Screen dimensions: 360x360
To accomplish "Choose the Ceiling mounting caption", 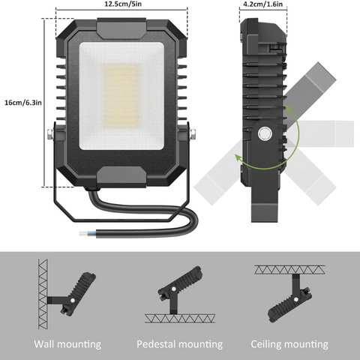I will click(x=289, y=344).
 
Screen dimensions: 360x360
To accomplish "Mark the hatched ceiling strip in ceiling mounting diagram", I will click(x=289, y=268).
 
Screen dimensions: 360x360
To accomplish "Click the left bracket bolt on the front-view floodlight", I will click(x=49, y=135).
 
